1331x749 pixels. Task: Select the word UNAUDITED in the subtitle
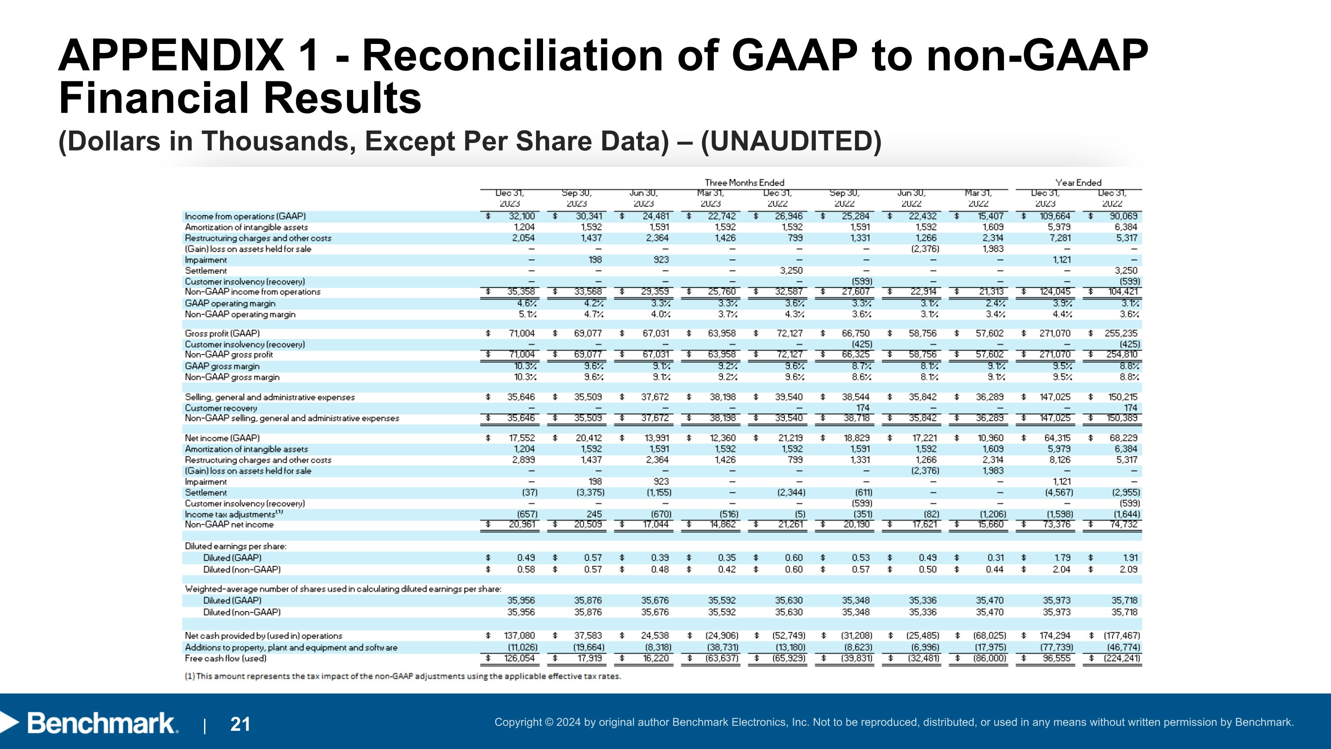[x=791, y=141]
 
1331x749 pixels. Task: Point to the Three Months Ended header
[x=744, y=182]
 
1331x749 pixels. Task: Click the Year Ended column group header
[x=1079, y=182]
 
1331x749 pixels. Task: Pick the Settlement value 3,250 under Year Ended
[x=1126, y=270]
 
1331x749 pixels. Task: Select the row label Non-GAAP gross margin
[x=232, y=377]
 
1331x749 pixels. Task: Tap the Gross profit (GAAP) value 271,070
[x=1055, y=333]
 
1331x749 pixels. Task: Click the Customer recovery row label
[x=221, y=408]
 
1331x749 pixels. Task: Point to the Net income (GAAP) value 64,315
[x=1057, y=438]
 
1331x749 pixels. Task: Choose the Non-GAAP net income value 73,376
[x=1057, y=524]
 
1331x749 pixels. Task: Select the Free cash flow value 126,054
[x=519, y=658]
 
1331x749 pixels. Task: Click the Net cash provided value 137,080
[x=519, y=635]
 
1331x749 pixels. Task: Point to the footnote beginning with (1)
[x=402, y=676]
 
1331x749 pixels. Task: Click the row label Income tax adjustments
[x=230, y=514]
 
